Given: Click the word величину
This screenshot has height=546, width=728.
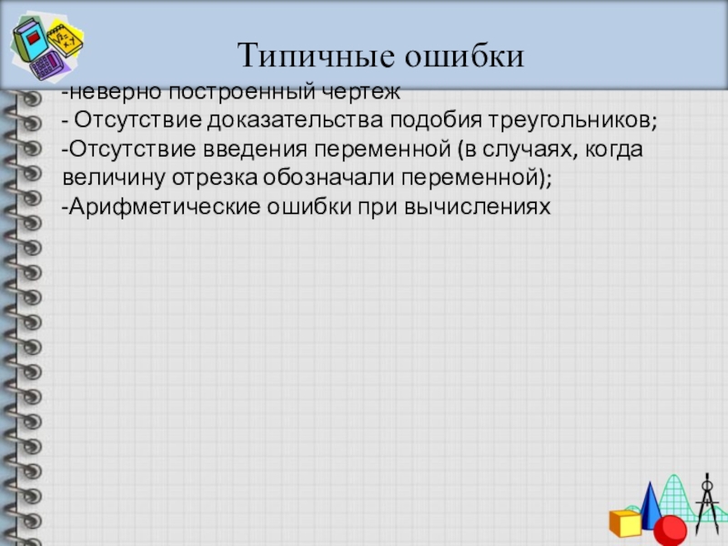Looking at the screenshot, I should [107, 179].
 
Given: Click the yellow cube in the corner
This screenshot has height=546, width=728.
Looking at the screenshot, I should [625, 522].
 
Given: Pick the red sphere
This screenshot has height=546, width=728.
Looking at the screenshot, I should [672, 530].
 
